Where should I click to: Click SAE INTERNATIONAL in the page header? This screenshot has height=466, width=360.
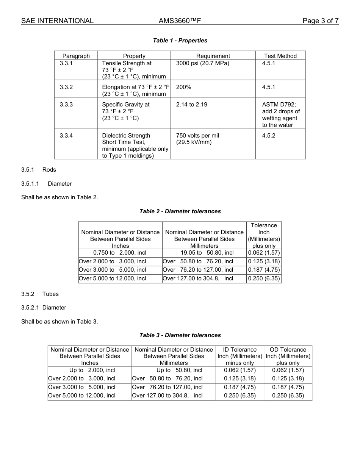tap(57, 21)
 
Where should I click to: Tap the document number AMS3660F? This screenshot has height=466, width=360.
tap(180, 21)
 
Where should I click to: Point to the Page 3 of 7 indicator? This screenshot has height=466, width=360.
tap(320, 21)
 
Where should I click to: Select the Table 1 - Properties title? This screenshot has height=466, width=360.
tap(180, 41)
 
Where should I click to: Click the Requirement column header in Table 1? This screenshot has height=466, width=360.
tap(213, 56)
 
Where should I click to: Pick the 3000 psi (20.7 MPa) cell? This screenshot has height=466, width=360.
tap(203, 63)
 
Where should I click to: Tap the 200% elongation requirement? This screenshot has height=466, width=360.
tap(184, 87)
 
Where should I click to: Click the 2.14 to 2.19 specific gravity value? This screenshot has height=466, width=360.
tap(192, 105)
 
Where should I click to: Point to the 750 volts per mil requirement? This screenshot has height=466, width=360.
tap(197, 136)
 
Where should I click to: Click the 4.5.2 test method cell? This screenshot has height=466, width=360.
tap(269, 136)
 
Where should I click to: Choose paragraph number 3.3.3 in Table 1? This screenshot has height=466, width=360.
tap(66, 105)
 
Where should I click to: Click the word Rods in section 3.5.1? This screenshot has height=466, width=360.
tap(49, 170)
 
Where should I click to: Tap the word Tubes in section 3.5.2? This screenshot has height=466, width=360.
tap(50, 294)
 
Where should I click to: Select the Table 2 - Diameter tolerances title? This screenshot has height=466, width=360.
tap(180, 211)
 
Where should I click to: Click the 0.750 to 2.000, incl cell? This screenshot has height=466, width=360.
tap(120, 253)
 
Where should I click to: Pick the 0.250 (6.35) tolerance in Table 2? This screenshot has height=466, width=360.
tap(264, 278)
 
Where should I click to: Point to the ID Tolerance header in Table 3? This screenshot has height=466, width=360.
tap(239, 350)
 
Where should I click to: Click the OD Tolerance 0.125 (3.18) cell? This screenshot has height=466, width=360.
tap(288, 378)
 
